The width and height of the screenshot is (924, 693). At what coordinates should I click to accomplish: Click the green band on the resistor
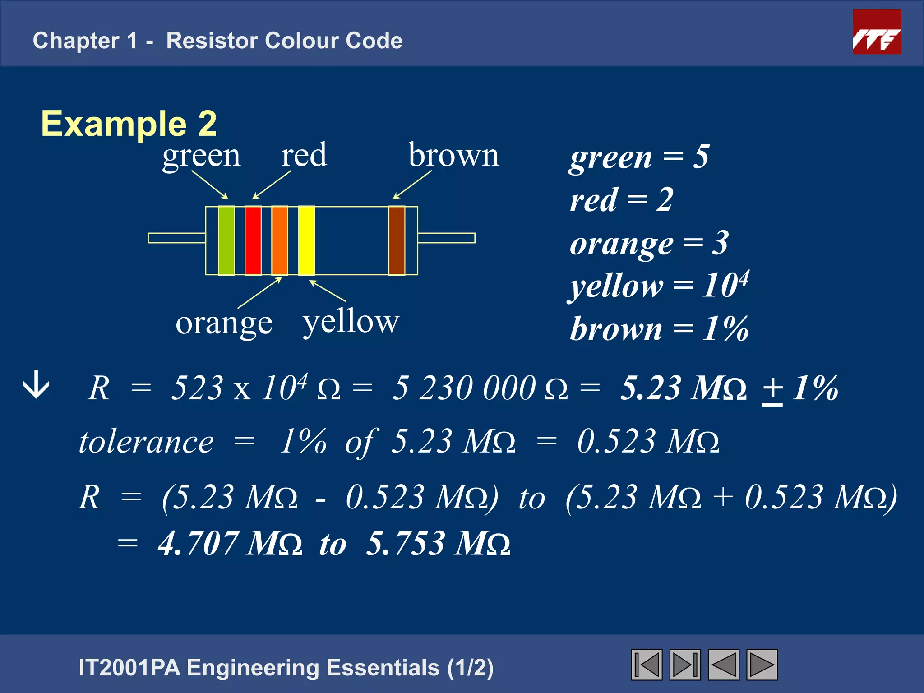226,240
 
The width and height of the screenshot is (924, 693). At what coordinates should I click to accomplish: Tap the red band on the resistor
253,240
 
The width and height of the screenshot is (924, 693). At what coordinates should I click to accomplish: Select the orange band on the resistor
280,240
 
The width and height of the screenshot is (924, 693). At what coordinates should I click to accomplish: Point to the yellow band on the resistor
306,240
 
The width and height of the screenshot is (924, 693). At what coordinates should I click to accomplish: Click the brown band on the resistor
397,240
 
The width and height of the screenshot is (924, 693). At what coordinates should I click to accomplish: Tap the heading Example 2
129,124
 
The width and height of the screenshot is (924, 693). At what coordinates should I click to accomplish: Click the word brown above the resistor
453,155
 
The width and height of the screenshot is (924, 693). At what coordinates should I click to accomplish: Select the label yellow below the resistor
351,322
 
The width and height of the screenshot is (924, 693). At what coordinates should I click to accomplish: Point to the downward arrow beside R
36,385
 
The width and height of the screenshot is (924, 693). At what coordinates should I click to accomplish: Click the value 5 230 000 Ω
480,388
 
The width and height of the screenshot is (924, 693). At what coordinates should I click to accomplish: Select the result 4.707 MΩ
230,543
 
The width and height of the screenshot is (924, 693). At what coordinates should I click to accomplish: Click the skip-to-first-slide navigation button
647,665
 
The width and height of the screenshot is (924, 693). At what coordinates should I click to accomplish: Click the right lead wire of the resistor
447,238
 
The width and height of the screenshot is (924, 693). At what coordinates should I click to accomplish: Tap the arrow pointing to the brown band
412,185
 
